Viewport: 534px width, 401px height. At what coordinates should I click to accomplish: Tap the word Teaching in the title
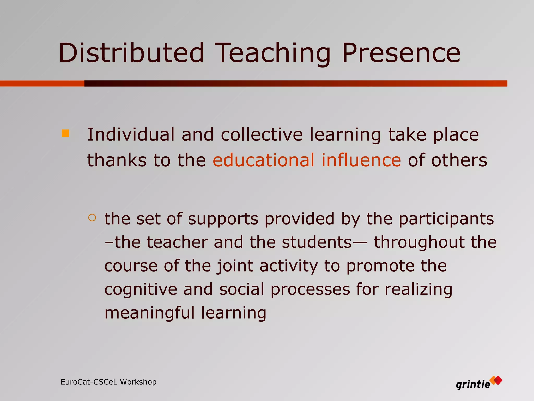click(x=272, y=53)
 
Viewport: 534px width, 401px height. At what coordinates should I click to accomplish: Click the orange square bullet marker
click(x=65, y=133)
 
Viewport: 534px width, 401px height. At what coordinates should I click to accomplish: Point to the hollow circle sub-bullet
click(x=92, y=217)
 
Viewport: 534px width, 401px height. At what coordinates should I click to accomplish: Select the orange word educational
click(x=264, y=160)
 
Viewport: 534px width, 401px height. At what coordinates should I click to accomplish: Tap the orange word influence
click(x=361, y=160)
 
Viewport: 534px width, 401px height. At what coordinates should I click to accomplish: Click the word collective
click(x=262, y=135)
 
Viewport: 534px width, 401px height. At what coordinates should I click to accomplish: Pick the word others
click(x=459, y=160)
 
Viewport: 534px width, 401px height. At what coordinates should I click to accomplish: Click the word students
click(x=317, y=242)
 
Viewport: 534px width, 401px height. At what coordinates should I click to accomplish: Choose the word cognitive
click(x=141, y=290)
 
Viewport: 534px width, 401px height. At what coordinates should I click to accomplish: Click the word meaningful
click(x=149, y=313)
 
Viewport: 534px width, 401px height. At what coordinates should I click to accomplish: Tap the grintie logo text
click(x=473, y=385)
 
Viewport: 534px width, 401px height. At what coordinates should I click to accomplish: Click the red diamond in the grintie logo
click(x=498, y=380)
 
